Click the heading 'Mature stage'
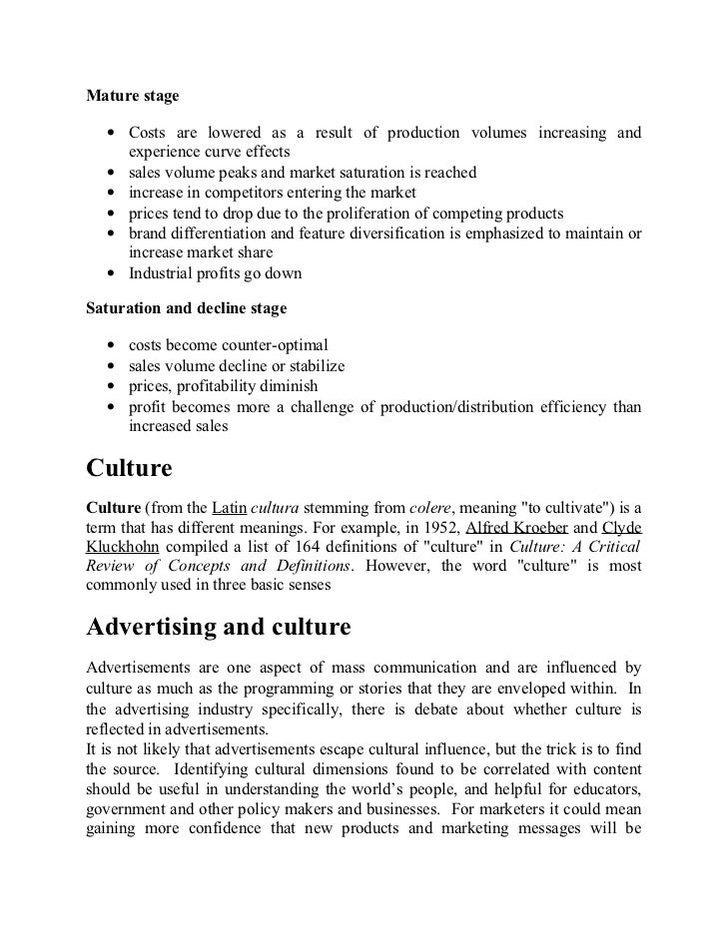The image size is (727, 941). [x=133, y=97]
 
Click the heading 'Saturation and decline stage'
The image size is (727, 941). [x=187, y=308]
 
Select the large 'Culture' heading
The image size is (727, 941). [x=130, y=468]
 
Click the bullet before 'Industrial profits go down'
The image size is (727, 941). [x=107, y=273]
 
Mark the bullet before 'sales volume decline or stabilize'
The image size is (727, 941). [x=107, y=365]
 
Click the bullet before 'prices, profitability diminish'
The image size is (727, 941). [x=107, y=385]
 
